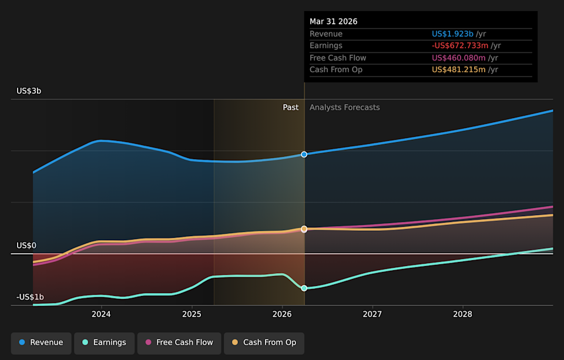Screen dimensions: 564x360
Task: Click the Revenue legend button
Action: click(41, 343)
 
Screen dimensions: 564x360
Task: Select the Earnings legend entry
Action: click(105, 343)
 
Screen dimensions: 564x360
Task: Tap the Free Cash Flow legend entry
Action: click(179, 343)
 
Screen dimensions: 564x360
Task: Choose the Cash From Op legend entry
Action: click(264, 343)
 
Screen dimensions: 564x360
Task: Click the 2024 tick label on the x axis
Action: click(101, 314)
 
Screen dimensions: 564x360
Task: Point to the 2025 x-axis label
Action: click(192, 314)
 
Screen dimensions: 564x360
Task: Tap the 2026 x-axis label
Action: click(282, 314)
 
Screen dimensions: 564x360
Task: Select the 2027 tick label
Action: click(372, 314)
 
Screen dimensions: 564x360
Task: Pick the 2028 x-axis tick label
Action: click(462, 314)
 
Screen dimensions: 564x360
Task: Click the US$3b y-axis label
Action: click(29, 91)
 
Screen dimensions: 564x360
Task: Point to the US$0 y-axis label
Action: click(26, 245)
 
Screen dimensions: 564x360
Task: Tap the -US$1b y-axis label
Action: click(30, 297)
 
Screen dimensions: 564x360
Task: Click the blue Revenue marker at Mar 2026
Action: click(304, 154)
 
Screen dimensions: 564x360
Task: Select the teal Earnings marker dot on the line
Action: click(304, 288)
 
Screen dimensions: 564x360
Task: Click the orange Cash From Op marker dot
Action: click(304, 228)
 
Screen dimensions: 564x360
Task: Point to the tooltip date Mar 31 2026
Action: click(334, 22)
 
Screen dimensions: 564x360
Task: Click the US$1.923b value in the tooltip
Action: click(452, 34)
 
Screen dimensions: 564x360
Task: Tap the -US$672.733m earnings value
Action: click(460, 46)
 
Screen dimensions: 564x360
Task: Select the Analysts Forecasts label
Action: click(345, 107)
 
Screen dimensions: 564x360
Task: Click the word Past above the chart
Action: click(291, 107)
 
